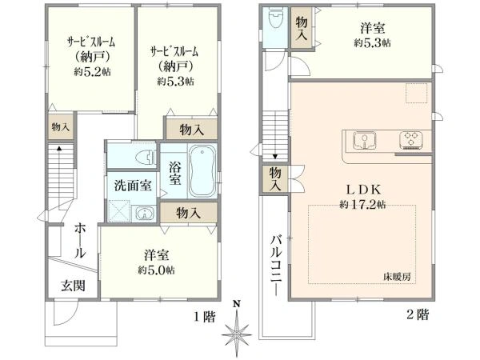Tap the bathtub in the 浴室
tap(201, 171)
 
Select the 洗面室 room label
tap(132, 186)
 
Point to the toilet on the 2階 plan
tap(275, 18)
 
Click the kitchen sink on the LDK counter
tap(364, 140)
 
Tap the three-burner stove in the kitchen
tap(412, 140)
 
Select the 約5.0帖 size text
tap(157, 270)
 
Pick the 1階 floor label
tap(204, 316)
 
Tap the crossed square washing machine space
tap(119, 211)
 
